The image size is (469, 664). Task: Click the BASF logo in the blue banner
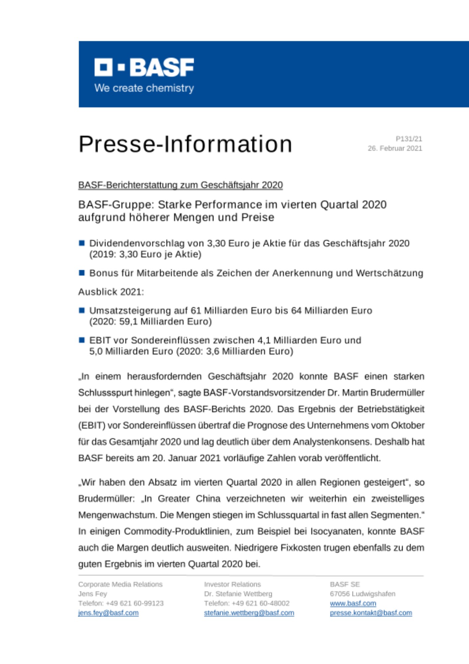point(144,67)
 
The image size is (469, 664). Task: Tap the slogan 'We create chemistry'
point(144,88)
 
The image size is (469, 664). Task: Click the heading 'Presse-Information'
point(185,144)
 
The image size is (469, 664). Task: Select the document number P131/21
point(409,139)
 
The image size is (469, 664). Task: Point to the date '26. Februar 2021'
point(395,148)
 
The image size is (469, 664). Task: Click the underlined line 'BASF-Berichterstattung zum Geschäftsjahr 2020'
point(180,185)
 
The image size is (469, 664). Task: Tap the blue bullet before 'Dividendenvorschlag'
point(82,243)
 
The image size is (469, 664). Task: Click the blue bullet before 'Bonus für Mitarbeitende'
point(82,273)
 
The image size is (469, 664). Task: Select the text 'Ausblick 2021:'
point(111,292)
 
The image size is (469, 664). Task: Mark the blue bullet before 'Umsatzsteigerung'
point(82,310)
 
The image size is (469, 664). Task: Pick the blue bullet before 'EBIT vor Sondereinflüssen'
point(82,340)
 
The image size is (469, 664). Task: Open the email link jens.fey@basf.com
point(108,613)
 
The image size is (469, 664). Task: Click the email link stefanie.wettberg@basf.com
point(249,613)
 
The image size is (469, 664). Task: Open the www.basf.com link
point(353,603)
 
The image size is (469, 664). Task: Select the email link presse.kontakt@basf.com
point(371,613)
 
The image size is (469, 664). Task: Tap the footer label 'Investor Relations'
point(233,584)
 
